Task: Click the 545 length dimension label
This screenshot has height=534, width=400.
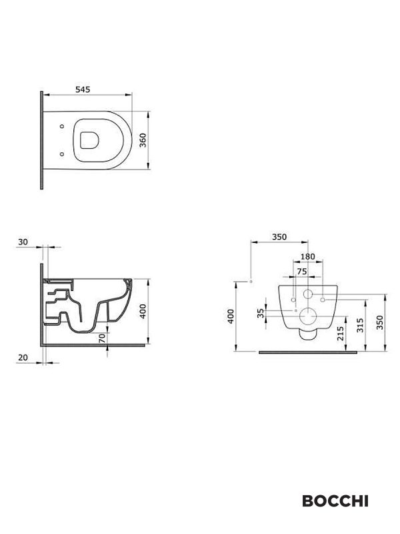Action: (x=83, y=89)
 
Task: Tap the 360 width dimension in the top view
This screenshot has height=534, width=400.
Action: (x=143, y=140)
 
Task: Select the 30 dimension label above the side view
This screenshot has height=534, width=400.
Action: (x=23, y=242)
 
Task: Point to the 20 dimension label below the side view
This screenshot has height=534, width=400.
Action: (x=23, y=358)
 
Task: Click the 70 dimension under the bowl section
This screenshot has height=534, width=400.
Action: (x=102, y=338)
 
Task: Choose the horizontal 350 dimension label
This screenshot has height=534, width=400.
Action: (x=279, y=237)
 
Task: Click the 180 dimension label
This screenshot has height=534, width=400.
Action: (x=308, y=256)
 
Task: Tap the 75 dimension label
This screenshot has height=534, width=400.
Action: (x=302, y=272)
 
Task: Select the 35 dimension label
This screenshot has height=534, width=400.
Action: (x=260, y=313)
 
